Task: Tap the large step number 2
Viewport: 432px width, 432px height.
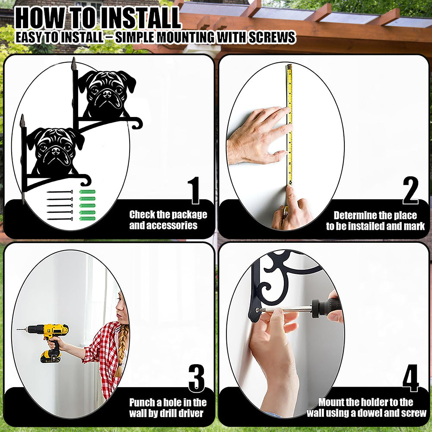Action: (410, 191)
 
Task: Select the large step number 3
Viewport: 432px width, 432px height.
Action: (197, 378)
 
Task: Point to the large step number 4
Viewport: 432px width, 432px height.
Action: (410, 378)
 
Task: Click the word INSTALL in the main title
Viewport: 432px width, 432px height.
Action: (140, 19)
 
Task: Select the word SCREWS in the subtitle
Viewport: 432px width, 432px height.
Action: (272, 37)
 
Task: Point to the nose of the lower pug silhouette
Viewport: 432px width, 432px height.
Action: (56, 151)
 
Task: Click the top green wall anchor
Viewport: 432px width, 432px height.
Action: (87, 192)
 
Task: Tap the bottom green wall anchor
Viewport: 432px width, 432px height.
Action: (87, 219)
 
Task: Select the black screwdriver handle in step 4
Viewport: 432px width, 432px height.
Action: (327, 308)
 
